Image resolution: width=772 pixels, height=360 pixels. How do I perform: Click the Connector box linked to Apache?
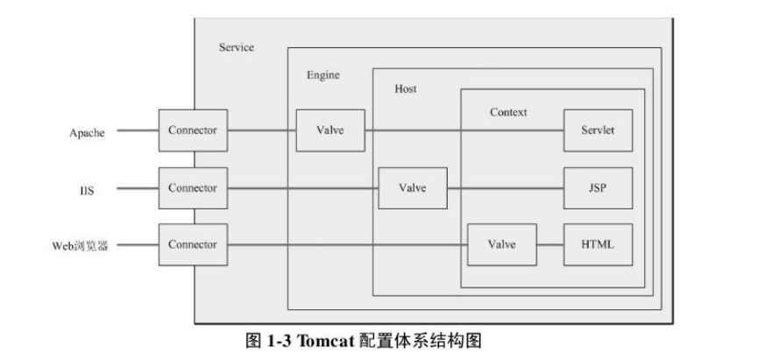coord(193,131)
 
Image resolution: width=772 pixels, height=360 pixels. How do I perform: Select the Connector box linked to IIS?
coord(193,188)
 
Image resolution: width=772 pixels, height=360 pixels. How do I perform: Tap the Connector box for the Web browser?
coord(193,244)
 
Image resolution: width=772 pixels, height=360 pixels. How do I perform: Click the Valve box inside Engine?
coord(330,131)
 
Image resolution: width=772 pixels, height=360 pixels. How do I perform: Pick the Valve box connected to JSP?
coord(412,188)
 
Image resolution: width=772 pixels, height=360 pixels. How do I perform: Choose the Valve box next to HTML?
coord(501,244)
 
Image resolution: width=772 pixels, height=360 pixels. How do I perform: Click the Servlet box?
coord(598,131)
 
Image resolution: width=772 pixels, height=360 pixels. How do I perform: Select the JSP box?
coord(598,188)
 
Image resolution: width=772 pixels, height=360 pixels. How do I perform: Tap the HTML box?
coord(598,244)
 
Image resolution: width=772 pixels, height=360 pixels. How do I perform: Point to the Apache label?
coord(87,133)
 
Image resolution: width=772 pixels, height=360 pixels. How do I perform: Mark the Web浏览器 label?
coord(79,245)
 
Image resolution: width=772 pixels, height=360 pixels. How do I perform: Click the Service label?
coord(237,47)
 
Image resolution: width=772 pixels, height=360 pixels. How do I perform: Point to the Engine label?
coord(322,75)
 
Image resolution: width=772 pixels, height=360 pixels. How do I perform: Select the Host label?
coord(406,89)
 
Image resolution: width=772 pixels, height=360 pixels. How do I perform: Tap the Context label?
coord(508,113)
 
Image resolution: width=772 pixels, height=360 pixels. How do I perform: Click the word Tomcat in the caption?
coord(326,340)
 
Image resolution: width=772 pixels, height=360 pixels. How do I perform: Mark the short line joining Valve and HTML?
coord(549,244)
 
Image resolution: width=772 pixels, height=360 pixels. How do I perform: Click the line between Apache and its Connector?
coord(138,131)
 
